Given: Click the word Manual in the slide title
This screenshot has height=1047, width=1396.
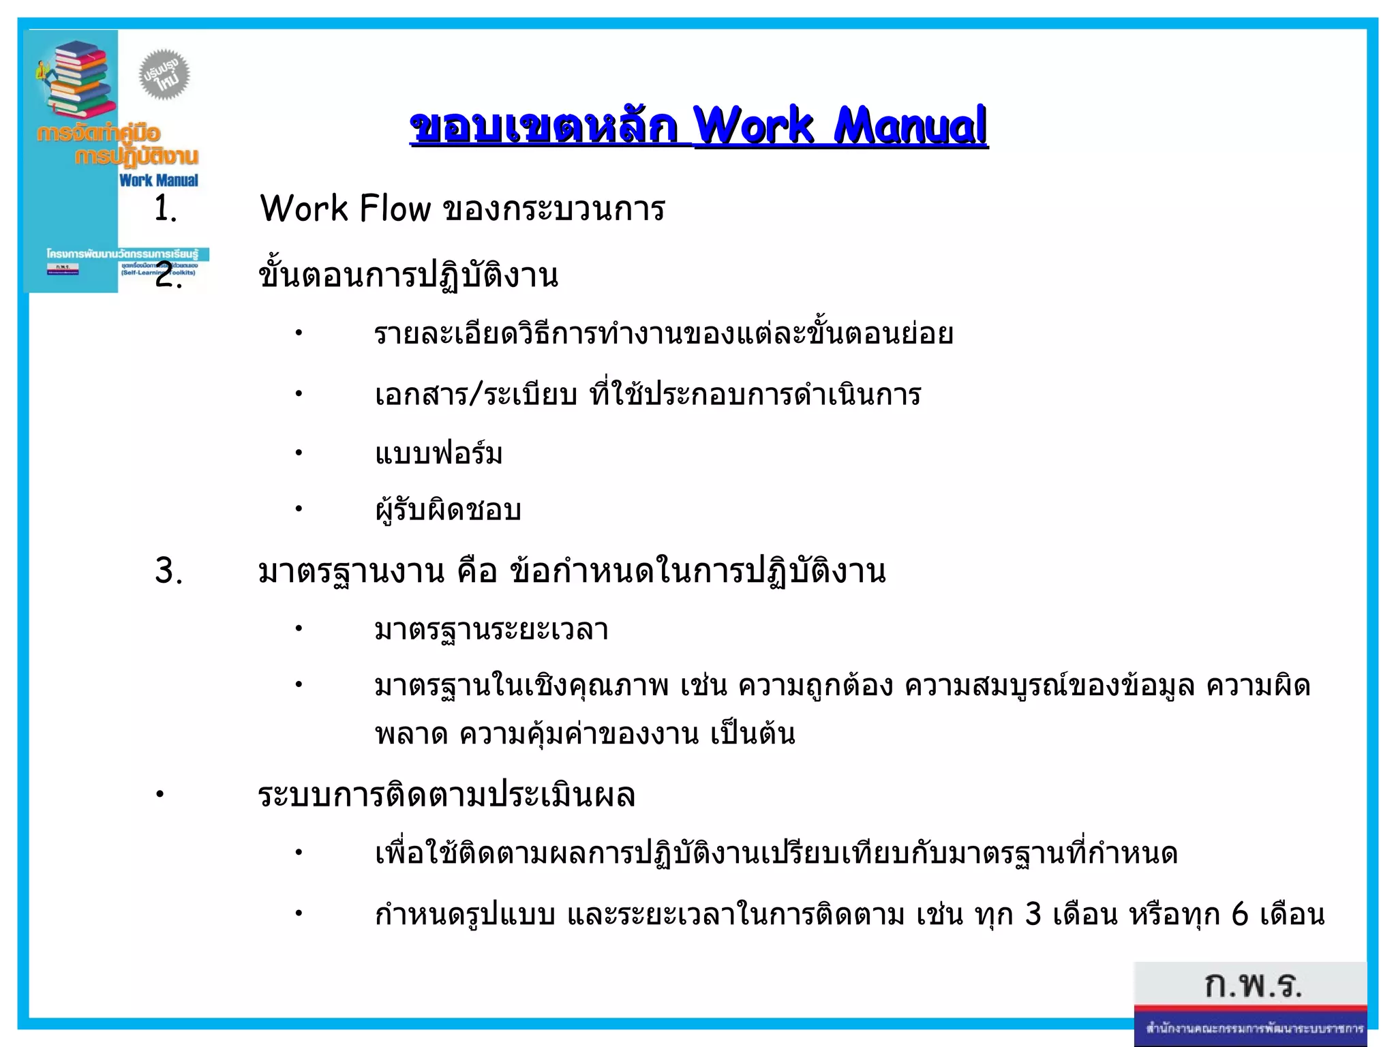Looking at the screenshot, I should (x=910, y=126).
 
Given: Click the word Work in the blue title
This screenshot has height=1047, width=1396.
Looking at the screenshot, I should (x=753, y=126).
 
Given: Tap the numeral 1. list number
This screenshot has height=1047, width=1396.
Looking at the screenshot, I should (x=165, y=208).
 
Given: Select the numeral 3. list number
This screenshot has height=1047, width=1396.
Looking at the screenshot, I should (x=168, y=571).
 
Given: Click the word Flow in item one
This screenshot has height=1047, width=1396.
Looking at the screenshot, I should (x=395, y=208).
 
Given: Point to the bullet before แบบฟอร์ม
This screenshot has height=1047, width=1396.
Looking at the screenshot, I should (x=298, y=453).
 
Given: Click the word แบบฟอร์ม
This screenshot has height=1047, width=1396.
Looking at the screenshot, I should (x=438, y=453).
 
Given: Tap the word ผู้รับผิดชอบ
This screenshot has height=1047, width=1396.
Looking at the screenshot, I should (x=448, y=509).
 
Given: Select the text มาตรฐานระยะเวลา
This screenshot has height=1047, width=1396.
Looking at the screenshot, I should (x=491, y=629).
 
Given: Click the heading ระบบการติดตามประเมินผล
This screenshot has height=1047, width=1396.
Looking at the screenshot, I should (x=446, y=795).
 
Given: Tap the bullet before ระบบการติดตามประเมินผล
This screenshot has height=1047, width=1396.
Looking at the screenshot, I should (x=160, y=795).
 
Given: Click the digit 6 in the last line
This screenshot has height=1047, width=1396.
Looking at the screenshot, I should (x=1239, y=915).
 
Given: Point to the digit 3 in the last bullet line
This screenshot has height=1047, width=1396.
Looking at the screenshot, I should (x=1033, y=915).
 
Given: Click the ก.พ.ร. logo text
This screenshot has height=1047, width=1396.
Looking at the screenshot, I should (x=1253, y=986).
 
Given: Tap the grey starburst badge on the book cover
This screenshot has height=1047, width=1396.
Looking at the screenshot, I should (x=164, y=74).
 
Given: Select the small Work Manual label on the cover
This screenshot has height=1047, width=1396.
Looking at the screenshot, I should (x=158, y=181).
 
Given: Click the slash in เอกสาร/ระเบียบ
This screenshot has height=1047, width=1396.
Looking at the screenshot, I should (x=476, y=395).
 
